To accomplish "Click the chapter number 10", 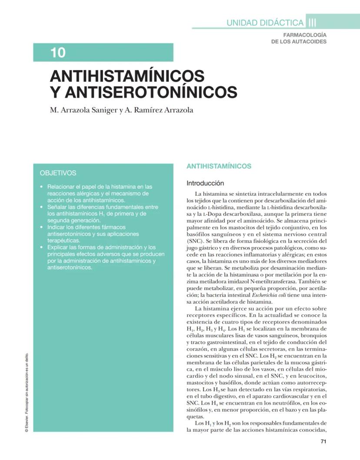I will click(58, 53).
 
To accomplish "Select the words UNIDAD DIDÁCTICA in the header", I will click(265, 23).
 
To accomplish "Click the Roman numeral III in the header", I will click(312, 23).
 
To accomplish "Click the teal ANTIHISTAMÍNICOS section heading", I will click(219, 166).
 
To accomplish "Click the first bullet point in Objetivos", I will click(41, 187).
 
